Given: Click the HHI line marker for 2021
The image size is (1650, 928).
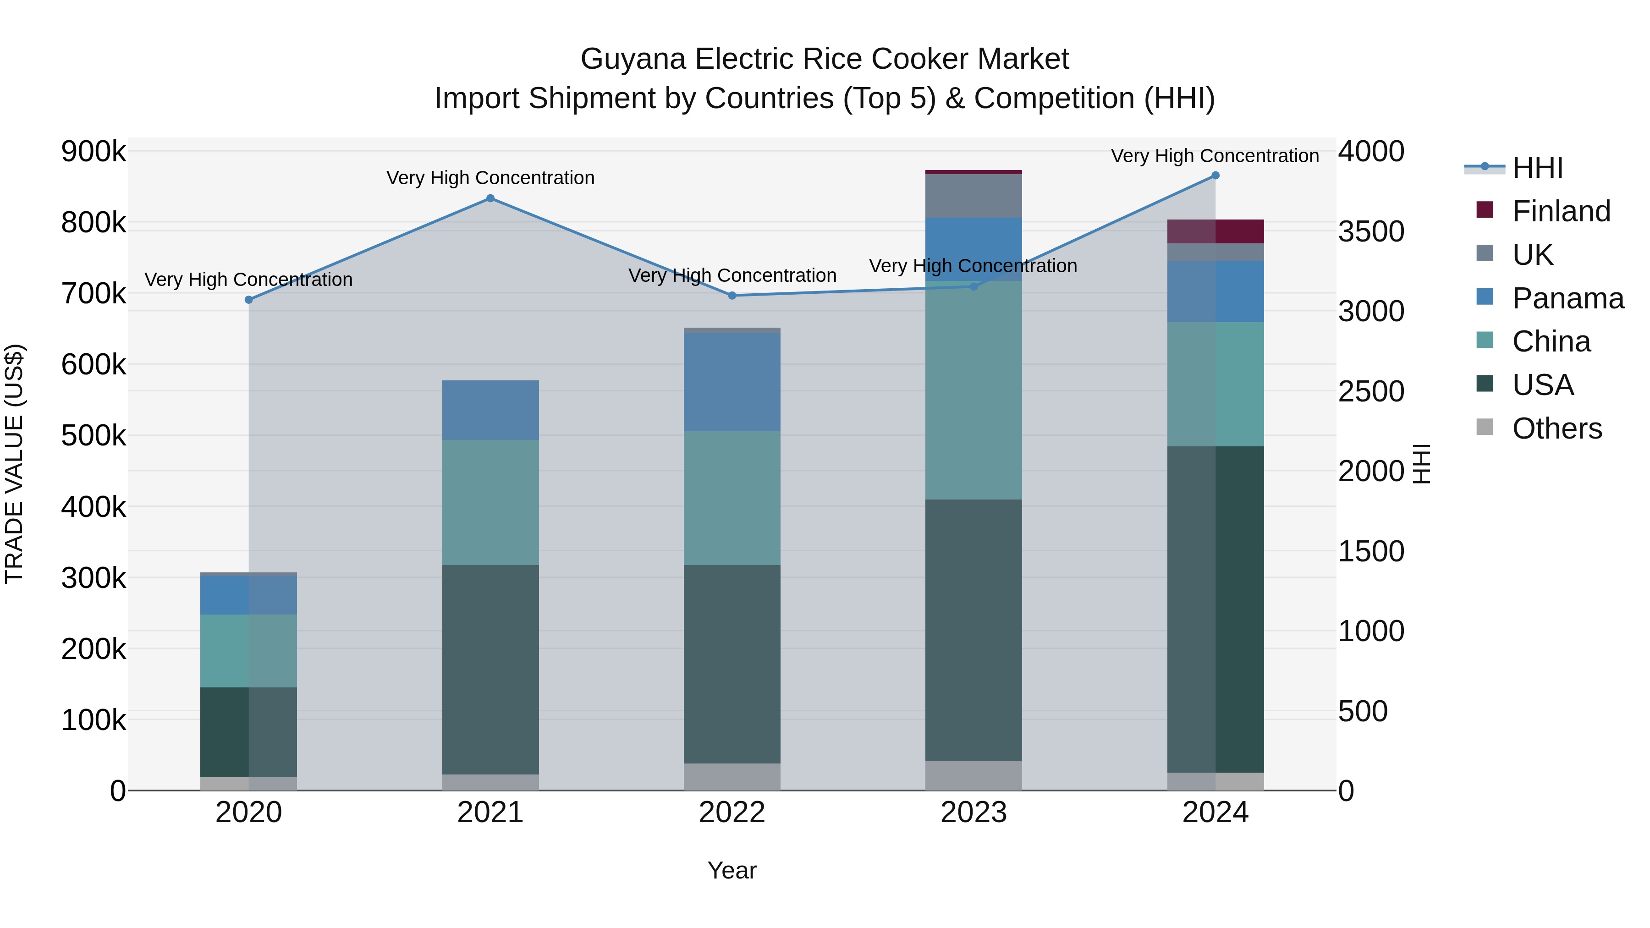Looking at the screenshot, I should point(490,198).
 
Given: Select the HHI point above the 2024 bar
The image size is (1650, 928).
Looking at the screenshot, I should point(1215,176).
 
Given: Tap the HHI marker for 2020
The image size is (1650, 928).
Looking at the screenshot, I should point(249,300).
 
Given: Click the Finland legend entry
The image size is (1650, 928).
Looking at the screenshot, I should point(1560,211).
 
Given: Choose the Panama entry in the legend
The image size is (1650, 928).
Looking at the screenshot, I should point(1567,298).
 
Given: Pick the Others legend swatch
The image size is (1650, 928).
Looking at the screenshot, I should point(1485,427).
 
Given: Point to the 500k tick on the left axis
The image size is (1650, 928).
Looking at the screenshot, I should point(93,436).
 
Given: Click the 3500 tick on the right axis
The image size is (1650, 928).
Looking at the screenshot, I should point(1371,232).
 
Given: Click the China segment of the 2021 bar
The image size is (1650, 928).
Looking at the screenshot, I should point(490,502).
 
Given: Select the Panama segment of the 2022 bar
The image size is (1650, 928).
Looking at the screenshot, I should point(732,382).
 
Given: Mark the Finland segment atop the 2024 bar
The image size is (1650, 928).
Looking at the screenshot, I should point(1215,231).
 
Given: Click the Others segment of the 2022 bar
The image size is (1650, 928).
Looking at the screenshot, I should point(732,776).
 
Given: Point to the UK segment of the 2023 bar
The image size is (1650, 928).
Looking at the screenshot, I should point(973,196).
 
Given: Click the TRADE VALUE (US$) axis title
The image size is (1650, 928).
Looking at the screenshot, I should point(14,464).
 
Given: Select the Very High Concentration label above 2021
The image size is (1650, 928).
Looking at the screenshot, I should point(490,178).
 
